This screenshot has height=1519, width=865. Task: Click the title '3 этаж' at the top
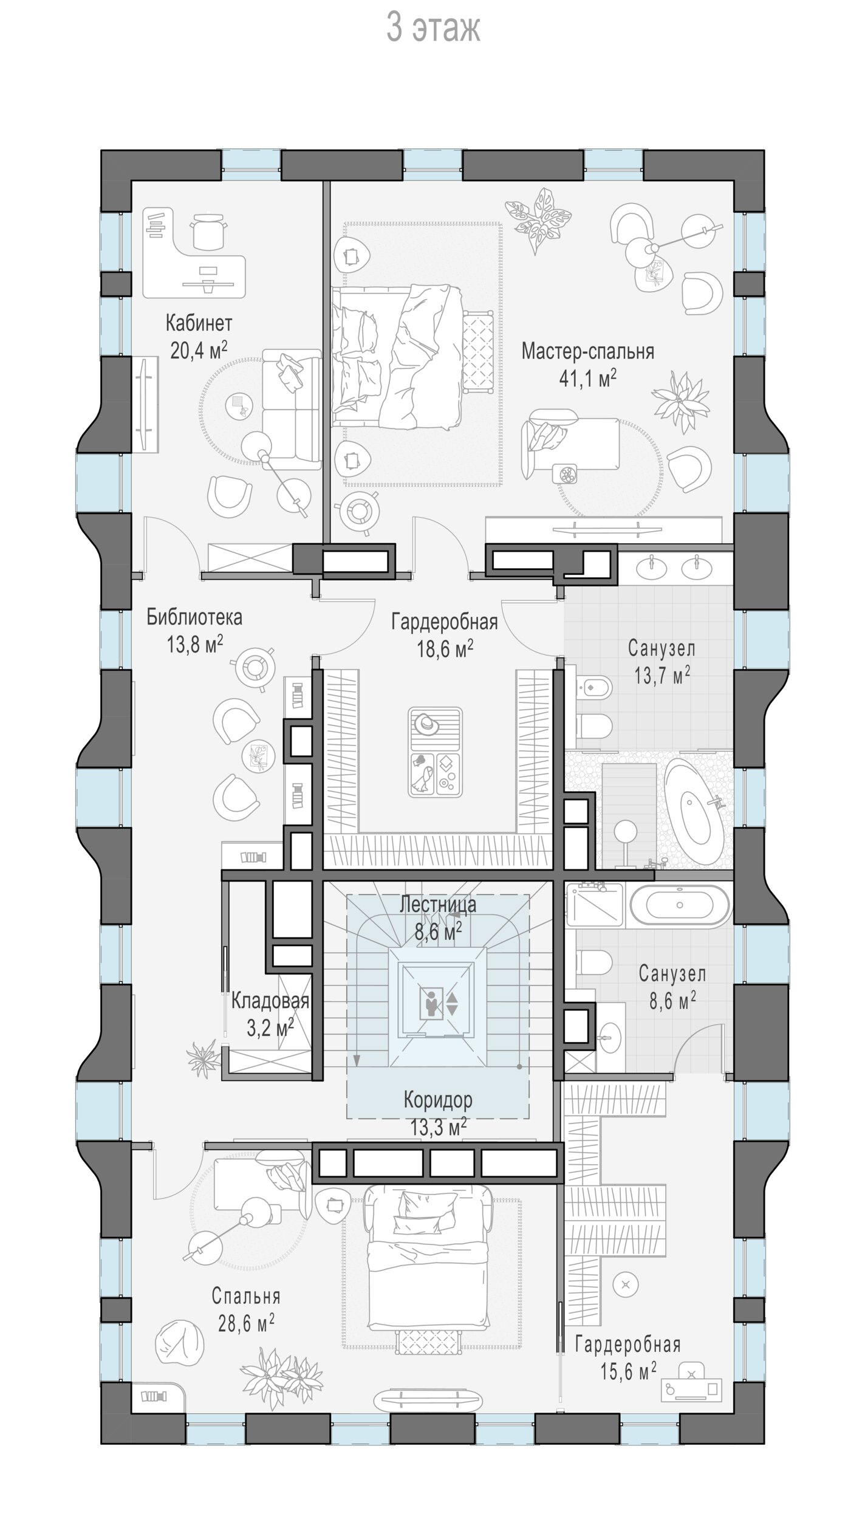point(434,29)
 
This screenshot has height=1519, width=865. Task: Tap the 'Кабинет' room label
point(199,323)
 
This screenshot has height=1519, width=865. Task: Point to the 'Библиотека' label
point(194,618)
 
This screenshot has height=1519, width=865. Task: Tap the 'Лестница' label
point(437,905)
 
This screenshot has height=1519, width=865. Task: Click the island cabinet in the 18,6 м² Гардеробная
point(436,752)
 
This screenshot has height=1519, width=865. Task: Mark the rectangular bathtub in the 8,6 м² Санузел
point(680,906)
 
